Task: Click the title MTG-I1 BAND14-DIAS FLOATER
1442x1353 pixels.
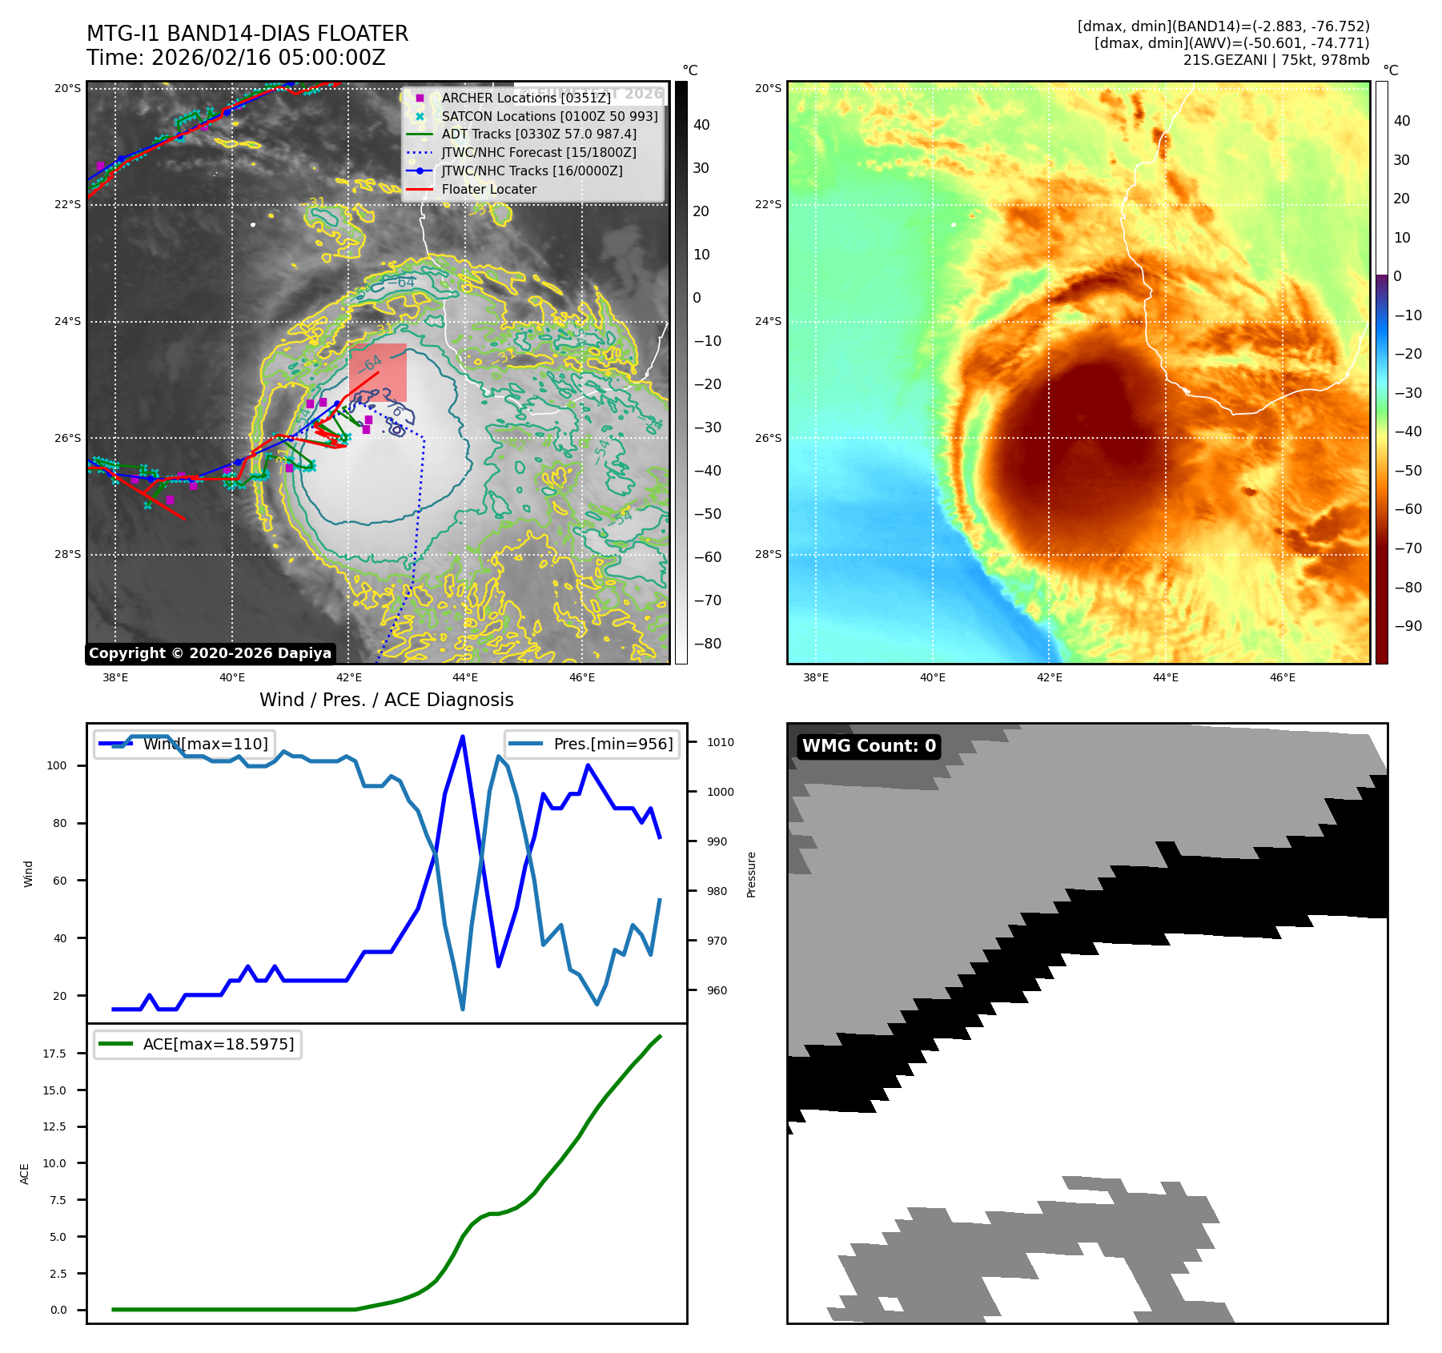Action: (x=247, y=34)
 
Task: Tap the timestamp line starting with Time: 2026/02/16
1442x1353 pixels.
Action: (x=236, y=58)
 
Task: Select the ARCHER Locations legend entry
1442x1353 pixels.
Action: (x=525, y=98)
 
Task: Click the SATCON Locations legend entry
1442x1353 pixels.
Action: (x=549, y=116)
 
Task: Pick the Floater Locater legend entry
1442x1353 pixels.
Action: (x=488, y=189)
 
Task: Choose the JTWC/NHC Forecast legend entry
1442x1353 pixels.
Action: (x=539, y=152)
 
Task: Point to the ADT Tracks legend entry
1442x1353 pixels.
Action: (x=539, y=134)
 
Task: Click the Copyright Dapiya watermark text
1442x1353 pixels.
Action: (x=210, y=653)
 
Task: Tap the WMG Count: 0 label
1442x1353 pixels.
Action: (x=869, y=746)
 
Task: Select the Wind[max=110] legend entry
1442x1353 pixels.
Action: (x=205, y=744)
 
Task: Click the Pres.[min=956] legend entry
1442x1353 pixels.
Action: (x=613, y=744)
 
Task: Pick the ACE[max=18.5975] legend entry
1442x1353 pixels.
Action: (x=218, y=1044)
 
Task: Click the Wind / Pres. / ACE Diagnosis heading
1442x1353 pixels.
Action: (x=387, y=700)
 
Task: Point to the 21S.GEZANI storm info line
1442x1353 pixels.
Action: (x=1276, y=60)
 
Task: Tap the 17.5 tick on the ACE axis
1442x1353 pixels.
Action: (x=54, y=1054)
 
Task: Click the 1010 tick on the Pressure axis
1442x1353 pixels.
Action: (x=720, y=742)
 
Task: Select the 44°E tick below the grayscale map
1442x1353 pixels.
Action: (x=465, y=677)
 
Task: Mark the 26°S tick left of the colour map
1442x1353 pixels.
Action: (x=768, y=438)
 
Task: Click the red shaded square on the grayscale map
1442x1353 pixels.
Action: (x=378, y=372)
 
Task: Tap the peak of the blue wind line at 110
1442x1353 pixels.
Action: (x=463, y=737)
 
